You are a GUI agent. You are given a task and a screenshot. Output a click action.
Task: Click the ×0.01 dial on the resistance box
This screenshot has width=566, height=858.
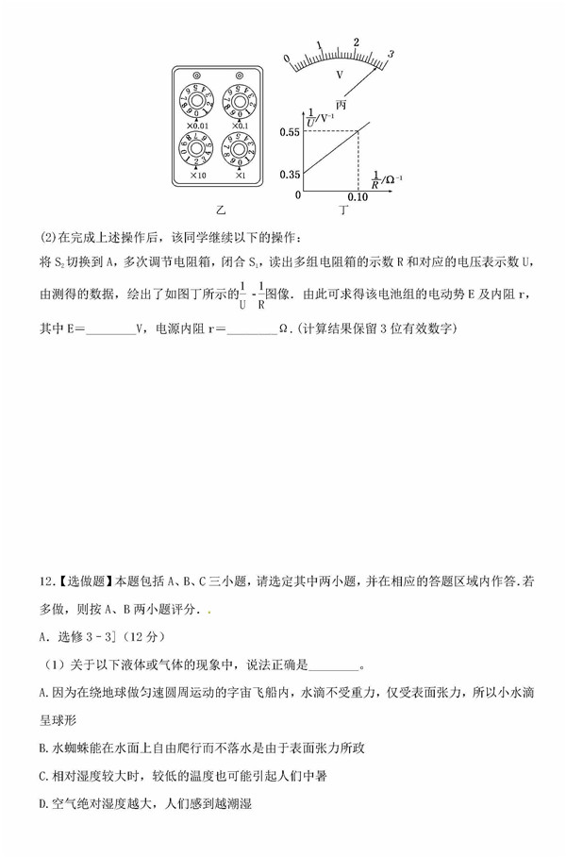point(198,99)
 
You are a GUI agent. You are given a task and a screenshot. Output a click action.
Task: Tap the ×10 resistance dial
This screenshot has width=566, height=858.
point(198,150)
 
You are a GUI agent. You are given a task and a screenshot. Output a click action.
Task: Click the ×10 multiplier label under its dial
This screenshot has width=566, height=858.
point(198,176)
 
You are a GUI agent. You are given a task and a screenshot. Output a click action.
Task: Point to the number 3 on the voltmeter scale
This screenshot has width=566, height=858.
point(390,53)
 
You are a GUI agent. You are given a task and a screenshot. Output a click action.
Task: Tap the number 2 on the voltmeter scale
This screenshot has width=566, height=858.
point(356,42)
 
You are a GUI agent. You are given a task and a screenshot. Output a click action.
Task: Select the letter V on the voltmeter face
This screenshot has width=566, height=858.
point(340,73)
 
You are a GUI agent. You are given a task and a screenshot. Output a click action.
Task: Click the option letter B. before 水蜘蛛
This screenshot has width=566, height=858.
point(45,749)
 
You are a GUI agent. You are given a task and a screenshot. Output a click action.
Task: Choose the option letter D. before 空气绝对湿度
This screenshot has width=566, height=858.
point(45,804)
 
